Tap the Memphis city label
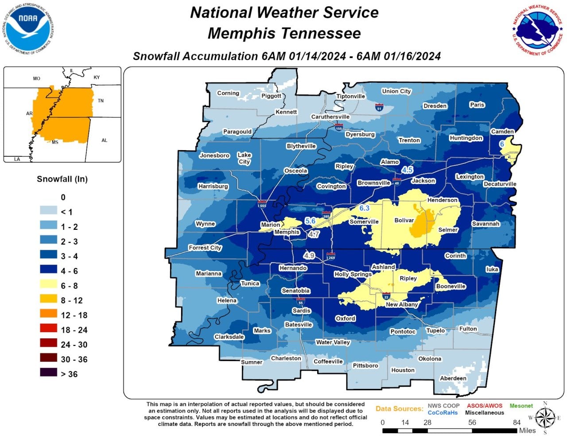pos(287,232)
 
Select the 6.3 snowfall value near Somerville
pos(364,208)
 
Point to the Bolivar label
pos(404,220)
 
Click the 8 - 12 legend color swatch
pos(48,300)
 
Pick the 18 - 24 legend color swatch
pos(48,329)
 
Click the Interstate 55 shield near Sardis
pos(301,302)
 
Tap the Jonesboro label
pos(214,155)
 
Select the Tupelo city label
pos(435,330)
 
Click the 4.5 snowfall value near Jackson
pos(407,170)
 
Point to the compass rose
pos(545,418)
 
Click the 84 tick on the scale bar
pos(517,422)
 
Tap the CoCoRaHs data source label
pos(443,413)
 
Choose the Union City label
pos(396,91)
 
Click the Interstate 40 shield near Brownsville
pos(397,181)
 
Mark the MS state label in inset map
pos(55,142)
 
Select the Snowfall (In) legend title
pos(62,179)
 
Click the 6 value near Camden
pos(502,144)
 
